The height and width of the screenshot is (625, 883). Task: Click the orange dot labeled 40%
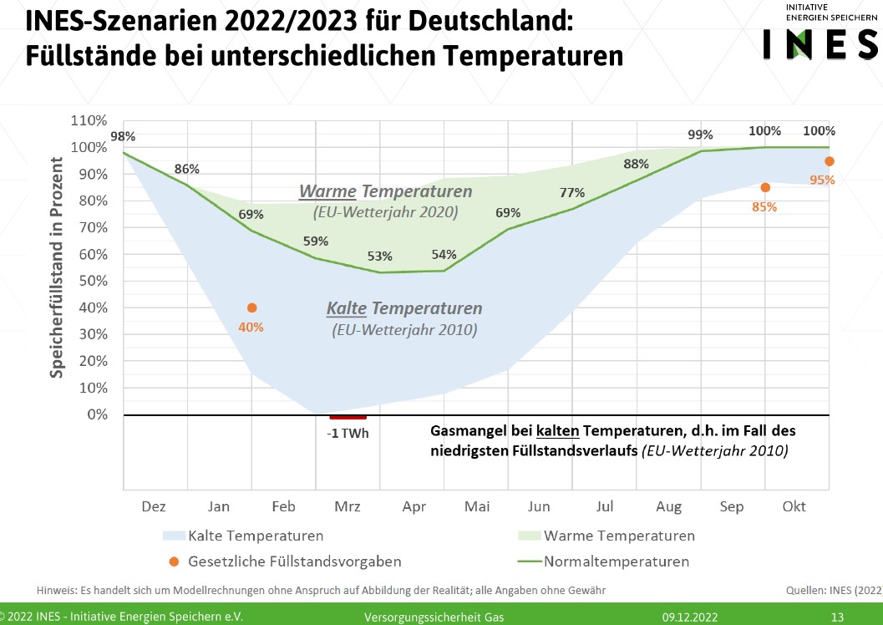pyautogui.click(x=251, y=308)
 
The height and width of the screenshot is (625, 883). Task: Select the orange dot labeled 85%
pyautogui.click(x=765, y=188)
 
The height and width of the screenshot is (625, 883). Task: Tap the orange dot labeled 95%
pyautogui.click(x=830, y=161)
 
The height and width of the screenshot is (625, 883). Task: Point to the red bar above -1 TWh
pyautogui.click(x=348, y=416)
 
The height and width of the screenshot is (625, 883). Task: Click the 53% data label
pyautogui.click(x=379, y=256)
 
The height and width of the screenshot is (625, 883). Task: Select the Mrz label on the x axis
pyautogui.click(x=348, y=507)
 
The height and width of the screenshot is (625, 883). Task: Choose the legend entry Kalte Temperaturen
pyautogui.click(x=256, y=536)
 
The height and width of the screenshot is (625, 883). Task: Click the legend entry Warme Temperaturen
pyautogui.click(x=619, y=536)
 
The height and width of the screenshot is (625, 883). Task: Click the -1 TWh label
pyautogui.click(x=348, y=434)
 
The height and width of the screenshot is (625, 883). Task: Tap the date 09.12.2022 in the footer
pyautogui.click(x=690, y=617)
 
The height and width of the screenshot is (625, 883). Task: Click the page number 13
pyautogui.click(x=837, y=617)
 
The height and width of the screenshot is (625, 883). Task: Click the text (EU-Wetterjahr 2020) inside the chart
pyautogui.click(x=385, y=212)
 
